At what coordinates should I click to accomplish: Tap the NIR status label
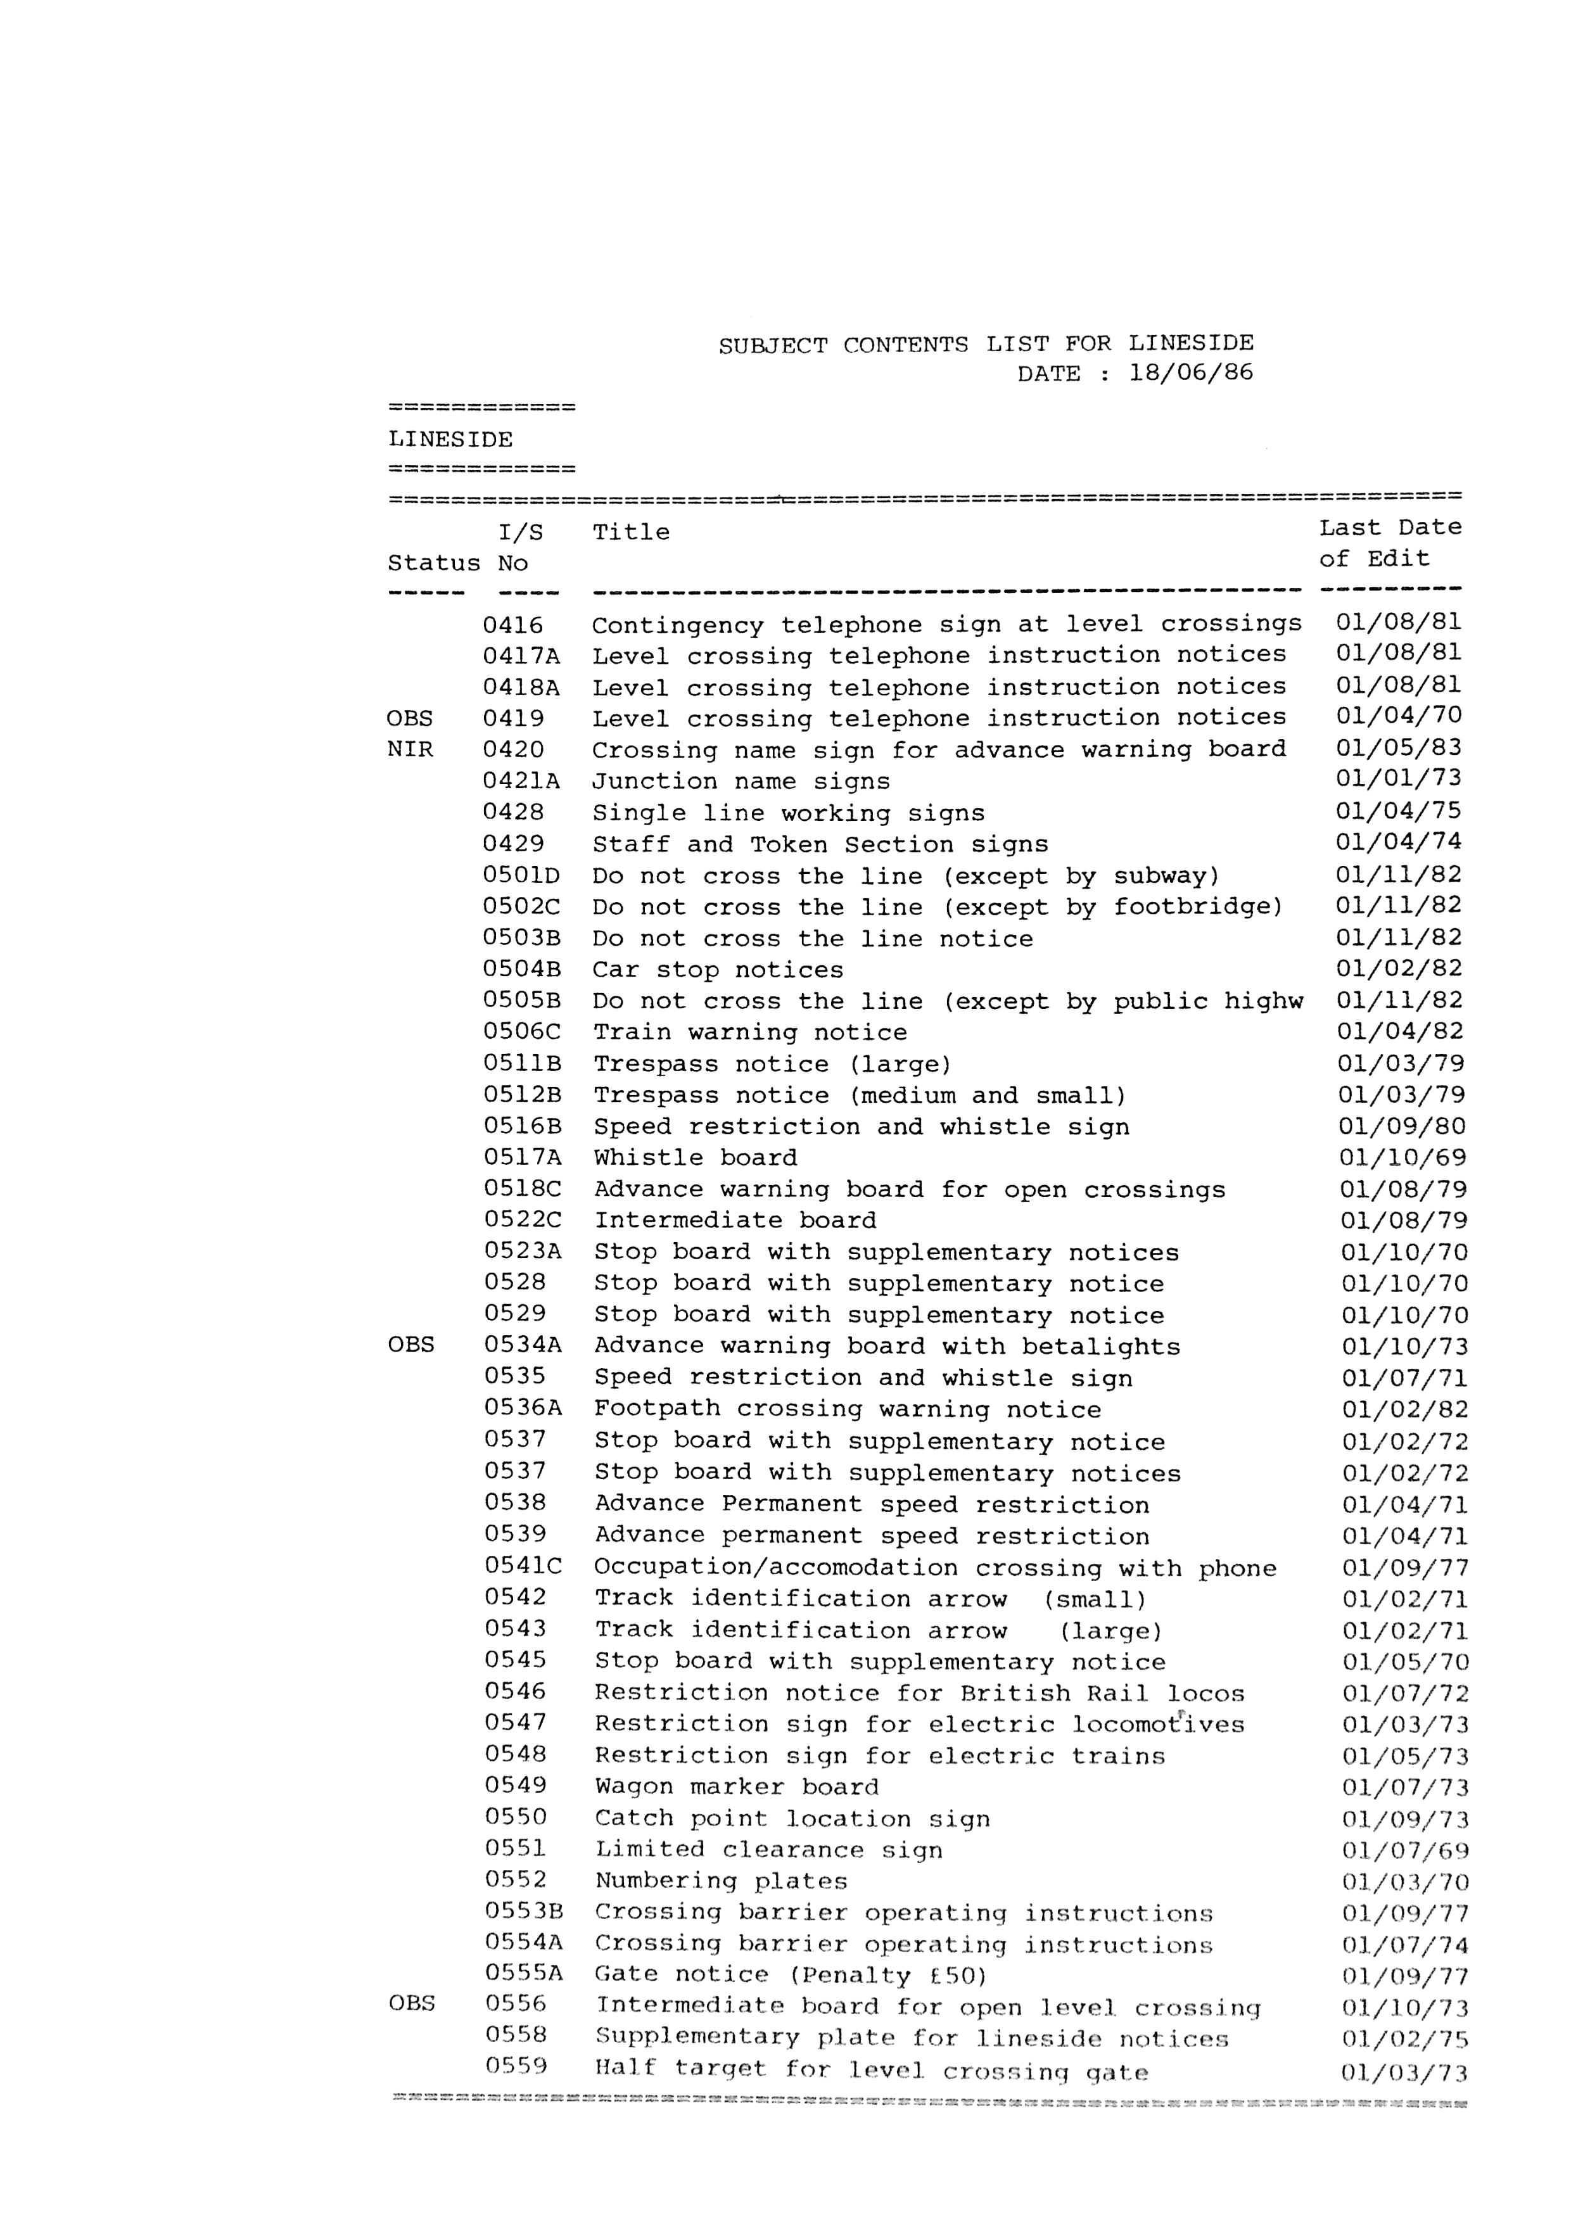point(410,750)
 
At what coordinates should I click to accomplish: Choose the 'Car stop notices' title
point(717,970)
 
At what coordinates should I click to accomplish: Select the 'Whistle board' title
point(695,1159)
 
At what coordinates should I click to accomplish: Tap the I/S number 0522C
point(523,1221)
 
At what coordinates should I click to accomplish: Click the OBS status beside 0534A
point(411,1346)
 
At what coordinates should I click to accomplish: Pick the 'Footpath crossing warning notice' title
point(847,1410)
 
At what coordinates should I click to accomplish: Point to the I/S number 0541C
point(523,1567)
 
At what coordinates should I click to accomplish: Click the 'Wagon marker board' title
point(737,1787)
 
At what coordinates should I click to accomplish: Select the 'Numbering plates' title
point(721,1881)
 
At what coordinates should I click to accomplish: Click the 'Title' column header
point(630,532)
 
